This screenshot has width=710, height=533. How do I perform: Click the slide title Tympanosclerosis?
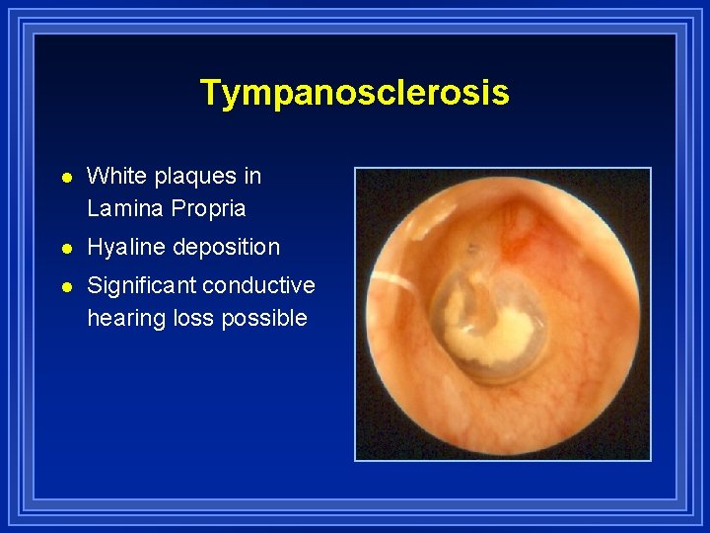pyautogui.click(x=354, y=92)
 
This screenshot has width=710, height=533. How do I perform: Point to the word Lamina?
pyautogui.click(x=124, y=208)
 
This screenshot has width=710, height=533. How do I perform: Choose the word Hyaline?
pyautogui.click(x=126, y=247)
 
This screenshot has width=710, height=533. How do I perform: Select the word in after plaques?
pyautogui.click(x=253, y=176)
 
